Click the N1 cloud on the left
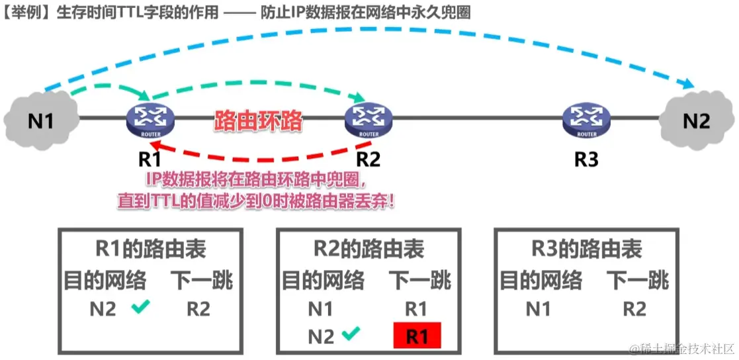(40, 120)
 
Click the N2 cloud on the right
(696, 120)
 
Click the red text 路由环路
(258, 120)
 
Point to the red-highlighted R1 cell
(416, 336)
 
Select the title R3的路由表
(587, 249)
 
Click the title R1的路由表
(150, 249)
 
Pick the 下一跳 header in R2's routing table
(419, 280)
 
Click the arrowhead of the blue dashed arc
(688, 85)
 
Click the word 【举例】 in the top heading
(25, 13)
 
